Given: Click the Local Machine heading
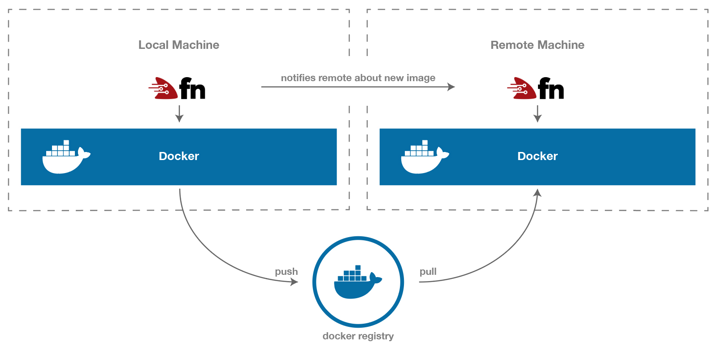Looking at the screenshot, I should (x=178, y=45).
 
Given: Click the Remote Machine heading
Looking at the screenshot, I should (x=537, y=45).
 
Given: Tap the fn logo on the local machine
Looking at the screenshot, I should (x=178, y=88).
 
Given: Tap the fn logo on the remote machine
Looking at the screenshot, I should (x=536, y=88).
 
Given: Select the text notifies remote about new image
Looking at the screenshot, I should (x=358, y=78).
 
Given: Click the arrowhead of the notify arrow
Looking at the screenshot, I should (x=451, y=87).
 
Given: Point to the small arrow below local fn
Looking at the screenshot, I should (x=179, y=114).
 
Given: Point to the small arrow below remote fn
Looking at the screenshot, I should (x=538, y=114).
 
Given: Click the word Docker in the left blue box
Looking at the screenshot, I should (x=178, y=156).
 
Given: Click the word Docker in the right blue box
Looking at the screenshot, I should (x=537, y=156).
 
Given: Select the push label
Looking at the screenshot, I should (x=286, y=272).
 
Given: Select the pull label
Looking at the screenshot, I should (x=428, y=272).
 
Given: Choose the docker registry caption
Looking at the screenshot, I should (x=358, y=336).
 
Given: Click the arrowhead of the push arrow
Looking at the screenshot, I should (x=295, y=282).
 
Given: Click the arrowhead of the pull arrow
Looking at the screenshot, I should (x=537, y=193).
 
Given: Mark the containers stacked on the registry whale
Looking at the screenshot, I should (x=352, y=274).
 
